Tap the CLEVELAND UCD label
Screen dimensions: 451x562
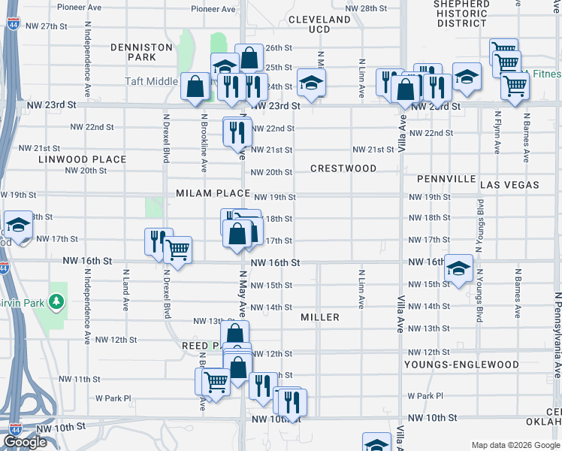click(x=319, y=24)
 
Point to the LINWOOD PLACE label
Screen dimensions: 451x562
click(x=83, y=159)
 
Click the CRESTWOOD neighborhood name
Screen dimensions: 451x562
click(x=343, y=168)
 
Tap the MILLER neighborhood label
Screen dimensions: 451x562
click(x=320, y=317)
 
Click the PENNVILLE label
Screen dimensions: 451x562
click(x=446, y=179)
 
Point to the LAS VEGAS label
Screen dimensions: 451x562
click(x=509, y=184)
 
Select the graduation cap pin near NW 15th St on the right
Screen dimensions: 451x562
click(x=458, y=269)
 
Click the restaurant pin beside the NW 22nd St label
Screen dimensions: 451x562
click(x=237, y=132)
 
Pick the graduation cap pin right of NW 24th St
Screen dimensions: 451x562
click(x=310, y=82)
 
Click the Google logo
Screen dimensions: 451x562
click(x=26, y=442)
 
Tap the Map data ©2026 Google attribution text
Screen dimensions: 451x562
click(x=514, y=444)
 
